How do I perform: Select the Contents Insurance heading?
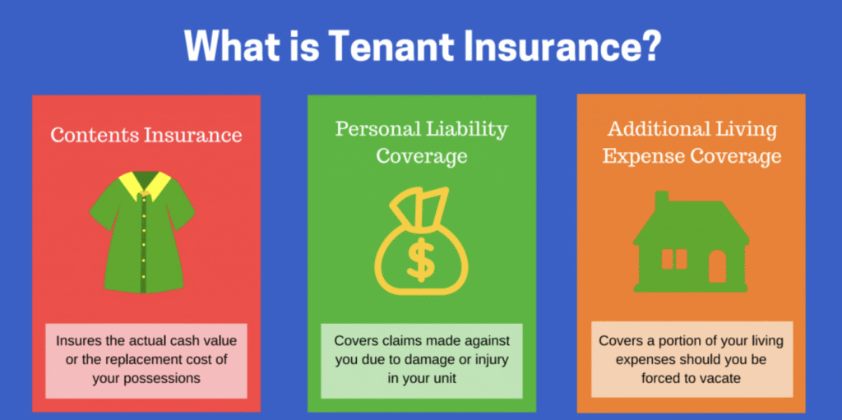(x=146, y=134)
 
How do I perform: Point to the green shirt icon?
(x=142, y=232)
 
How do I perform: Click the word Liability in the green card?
(x=466, y=129)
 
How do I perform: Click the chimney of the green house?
(x=662, y=202)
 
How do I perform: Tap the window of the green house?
(x=674, y=259)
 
